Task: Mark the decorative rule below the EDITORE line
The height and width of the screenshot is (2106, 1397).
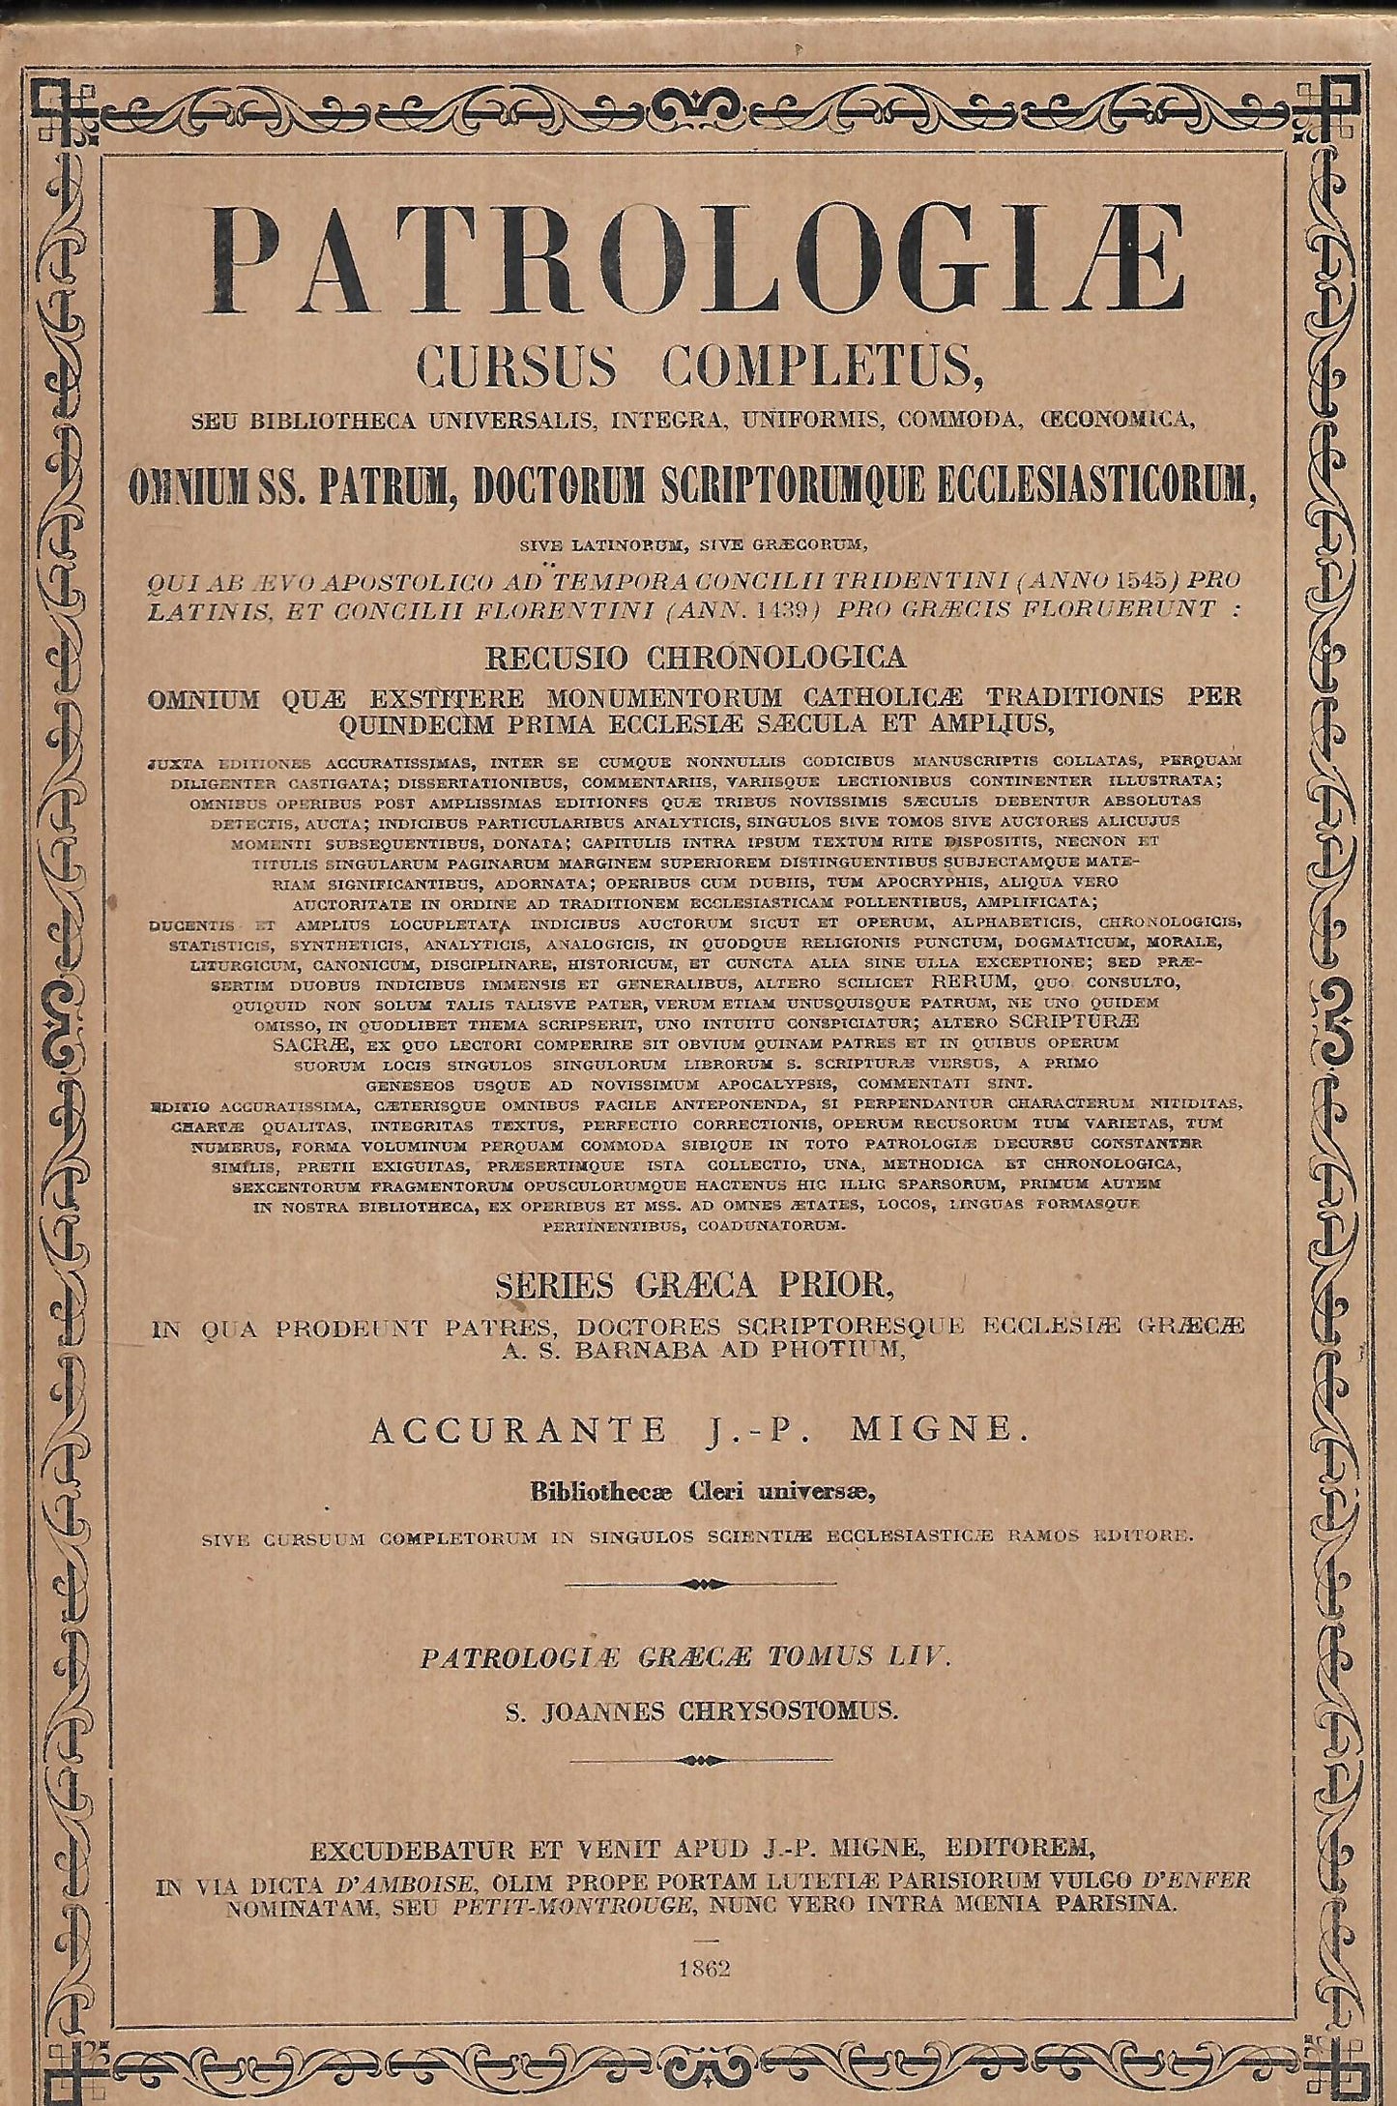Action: tap(699, 1584)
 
